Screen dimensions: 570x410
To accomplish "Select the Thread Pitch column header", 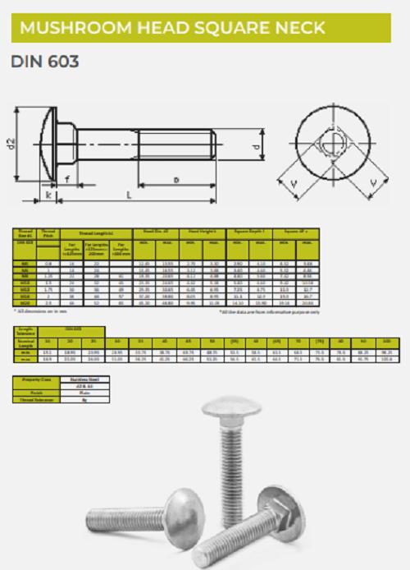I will tap(48, 234).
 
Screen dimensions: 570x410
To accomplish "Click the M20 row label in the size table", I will tap(25, 302).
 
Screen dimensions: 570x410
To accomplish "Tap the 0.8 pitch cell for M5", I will tap(48, 264).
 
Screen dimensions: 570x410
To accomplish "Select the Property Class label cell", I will tap(36, 380).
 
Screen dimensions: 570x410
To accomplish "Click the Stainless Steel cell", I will tap(81, 380).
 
